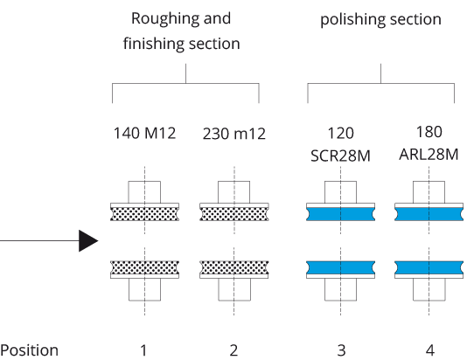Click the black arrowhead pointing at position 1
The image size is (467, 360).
(88, 240)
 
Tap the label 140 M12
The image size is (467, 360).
(145, 133)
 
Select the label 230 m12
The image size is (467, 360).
(234, 134)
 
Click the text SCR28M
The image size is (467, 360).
(340, 156)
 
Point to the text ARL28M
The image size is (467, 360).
(429, 155)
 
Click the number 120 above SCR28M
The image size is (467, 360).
(341, 133)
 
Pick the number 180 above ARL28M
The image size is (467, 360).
(429, 131)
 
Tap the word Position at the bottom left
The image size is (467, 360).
(29, 350)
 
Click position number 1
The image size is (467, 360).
(143, 350)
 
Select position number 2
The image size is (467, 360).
(233, 350)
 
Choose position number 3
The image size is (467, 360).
(341, 350)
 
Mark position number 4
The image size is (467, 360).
(429, 350)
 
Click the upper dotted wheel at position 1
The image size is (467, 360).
(145, 214)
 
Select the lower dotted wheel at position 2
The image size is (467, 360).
(234, 267)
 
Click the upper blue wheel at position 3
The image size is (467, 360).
(341, 214)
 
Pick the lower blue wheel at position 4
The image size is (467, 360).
(429, 267)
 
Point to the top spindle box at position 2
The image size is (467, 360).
(234, 192)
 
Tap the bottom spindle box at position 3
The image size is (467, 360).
(341, 289)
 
